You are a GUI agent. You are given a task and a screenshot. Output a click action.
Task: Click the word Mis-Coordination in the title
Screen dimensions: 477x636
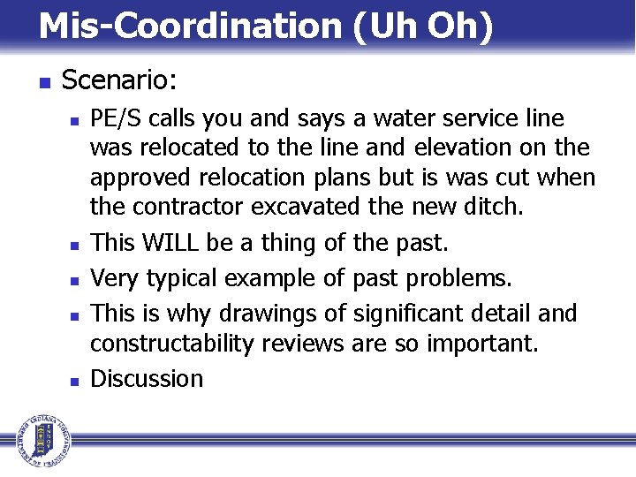pyautogui.click(x=190, y=26)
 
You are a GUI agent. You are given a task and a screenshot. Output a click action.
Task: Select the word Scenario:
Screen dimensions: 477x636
pyautogui.click(x=120, y=81)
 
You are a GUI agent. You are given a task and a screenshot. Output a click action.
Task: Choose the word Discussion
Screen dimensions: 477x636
pyautogui.click(x=147, y=379)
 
